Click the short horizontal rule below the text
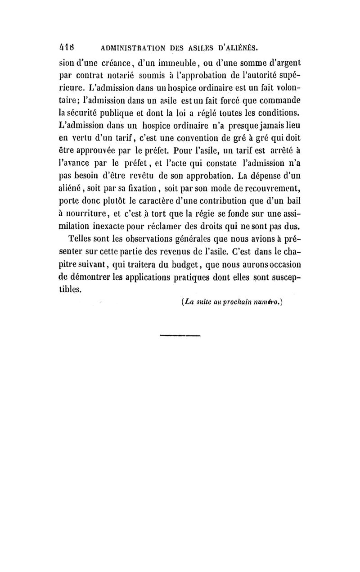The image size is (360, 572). click(180, 335)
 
